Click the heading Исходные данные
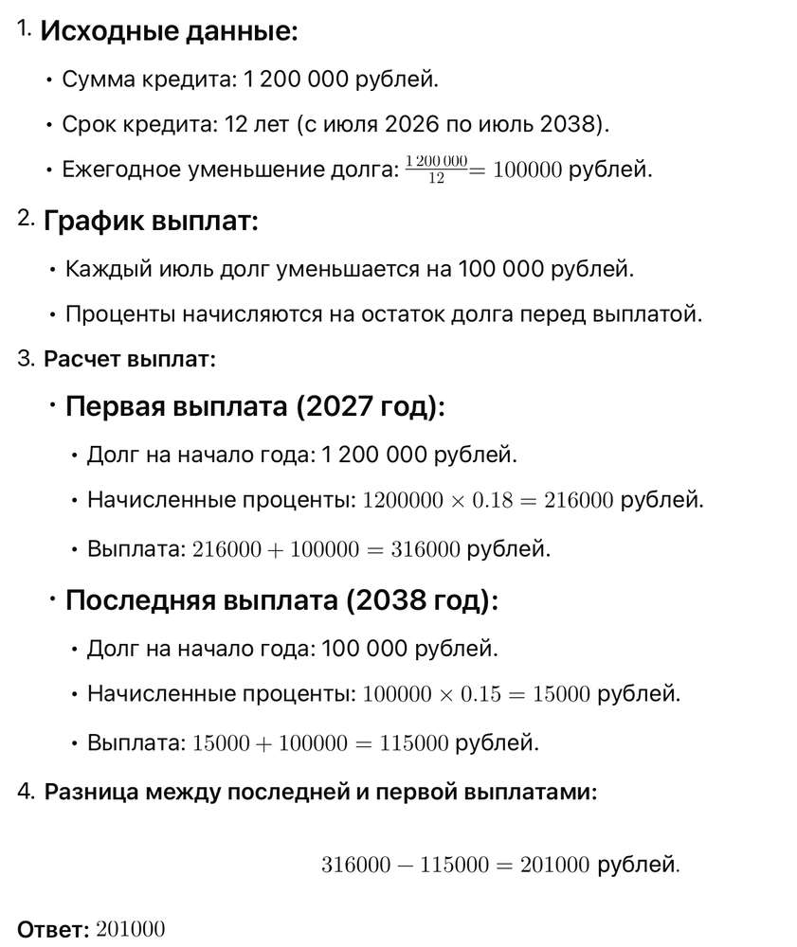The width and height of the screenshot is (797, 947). click(169, 32)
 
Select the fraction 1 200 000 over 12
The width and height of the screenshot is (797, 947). click(436, 170)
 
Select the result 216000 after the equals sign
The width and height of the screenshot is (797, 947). click(580, 501)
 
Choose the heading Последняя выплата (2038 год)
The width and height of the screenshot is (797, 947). click(281, 601)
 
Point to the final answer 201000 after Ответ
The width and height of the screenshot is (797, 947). click(130, 930)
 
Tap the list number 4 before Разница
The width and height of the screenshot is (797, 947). click(25, 792)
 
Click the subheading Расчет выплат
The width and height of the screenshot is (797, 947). click(130, 360)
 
